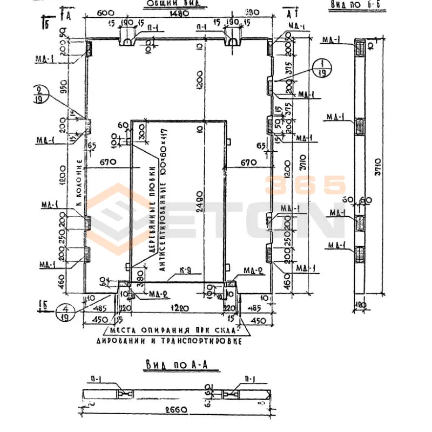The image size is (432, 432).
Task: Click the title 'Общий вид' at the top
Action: pyautogui.click(x=170, y=5)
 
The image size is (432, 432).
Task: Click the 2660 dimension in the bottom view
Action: pyautogui.click(x=177, y=410)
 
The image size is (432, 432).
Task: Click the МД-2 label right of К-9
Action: pyautogui.click(x=253, y=271)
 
